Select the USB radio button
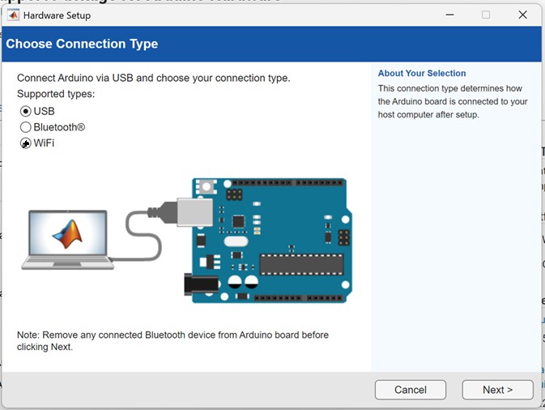(x=26, y=111)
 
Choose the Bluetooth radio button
(x=26, y=127)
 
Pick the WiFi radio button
(x=26, y=143)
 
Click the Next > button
(x=497, y=390)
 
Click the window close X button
(x=522, y=15)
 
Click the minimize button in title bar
(x=448, y=15)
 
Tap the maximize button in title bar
(x=486, y=15)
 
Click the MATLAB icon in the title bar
(x=12, y=15)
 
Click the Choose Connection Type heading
(x=82, y=44)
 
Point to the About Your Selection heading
(x=422, y=74)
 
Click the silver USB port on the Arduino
(x=195, y=212)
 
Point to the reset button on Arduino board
(x=207, y=186)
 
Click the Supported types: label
(x=56, y=94)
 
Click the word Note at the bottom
(x=29, y=335)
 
